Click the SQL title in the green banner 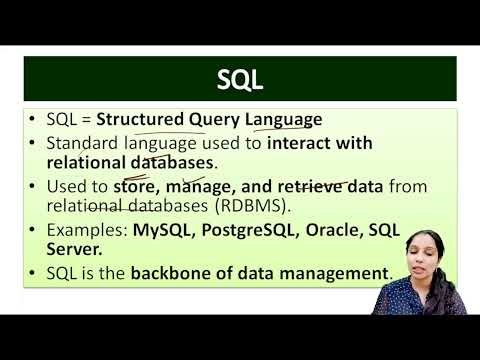(x=240, y=79)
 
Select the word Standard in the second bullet (x=82, y=143)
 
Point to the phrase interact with (x=320, y=143)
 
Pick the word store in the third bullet (x=137, y=186)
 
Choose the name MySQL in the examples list (x=160, y=230)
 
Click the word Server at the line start (x=72, y=249)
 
